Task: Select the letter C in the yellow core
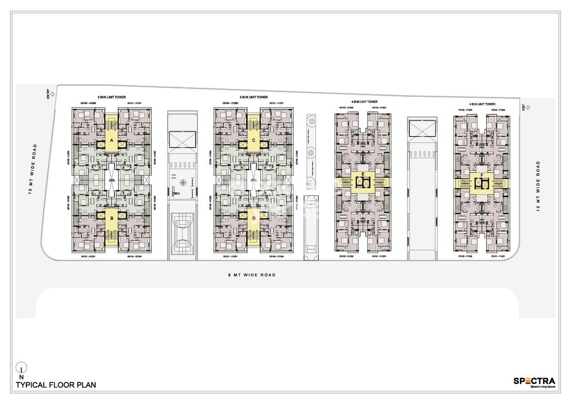click(254, 140)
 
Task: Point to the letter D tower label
click(254, 218)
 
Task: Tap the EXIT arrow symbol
click(528, 107)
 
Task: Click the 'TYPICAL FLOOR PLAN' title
click(56, 385)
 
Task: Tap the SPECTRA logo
click(534, 381)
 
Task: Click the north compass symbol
click(21, 368)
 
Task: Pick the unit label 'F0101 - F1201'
click(497, 257)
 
